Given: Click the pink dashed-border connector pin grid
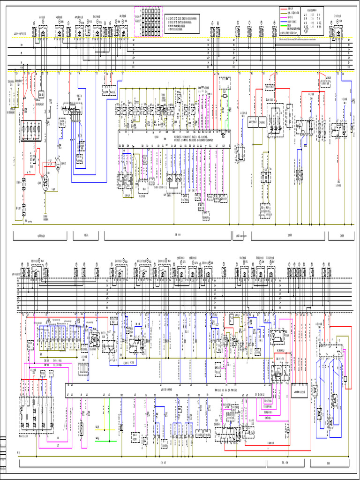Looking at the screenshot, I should coord(149,22).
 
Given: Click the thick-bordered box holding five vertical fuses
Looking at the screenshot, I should coord(31,130).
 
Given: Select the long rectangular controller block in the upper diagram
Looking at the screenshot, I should coord(174,139).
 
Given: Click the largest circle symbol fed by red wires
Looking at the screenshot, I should coord(46,183).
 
